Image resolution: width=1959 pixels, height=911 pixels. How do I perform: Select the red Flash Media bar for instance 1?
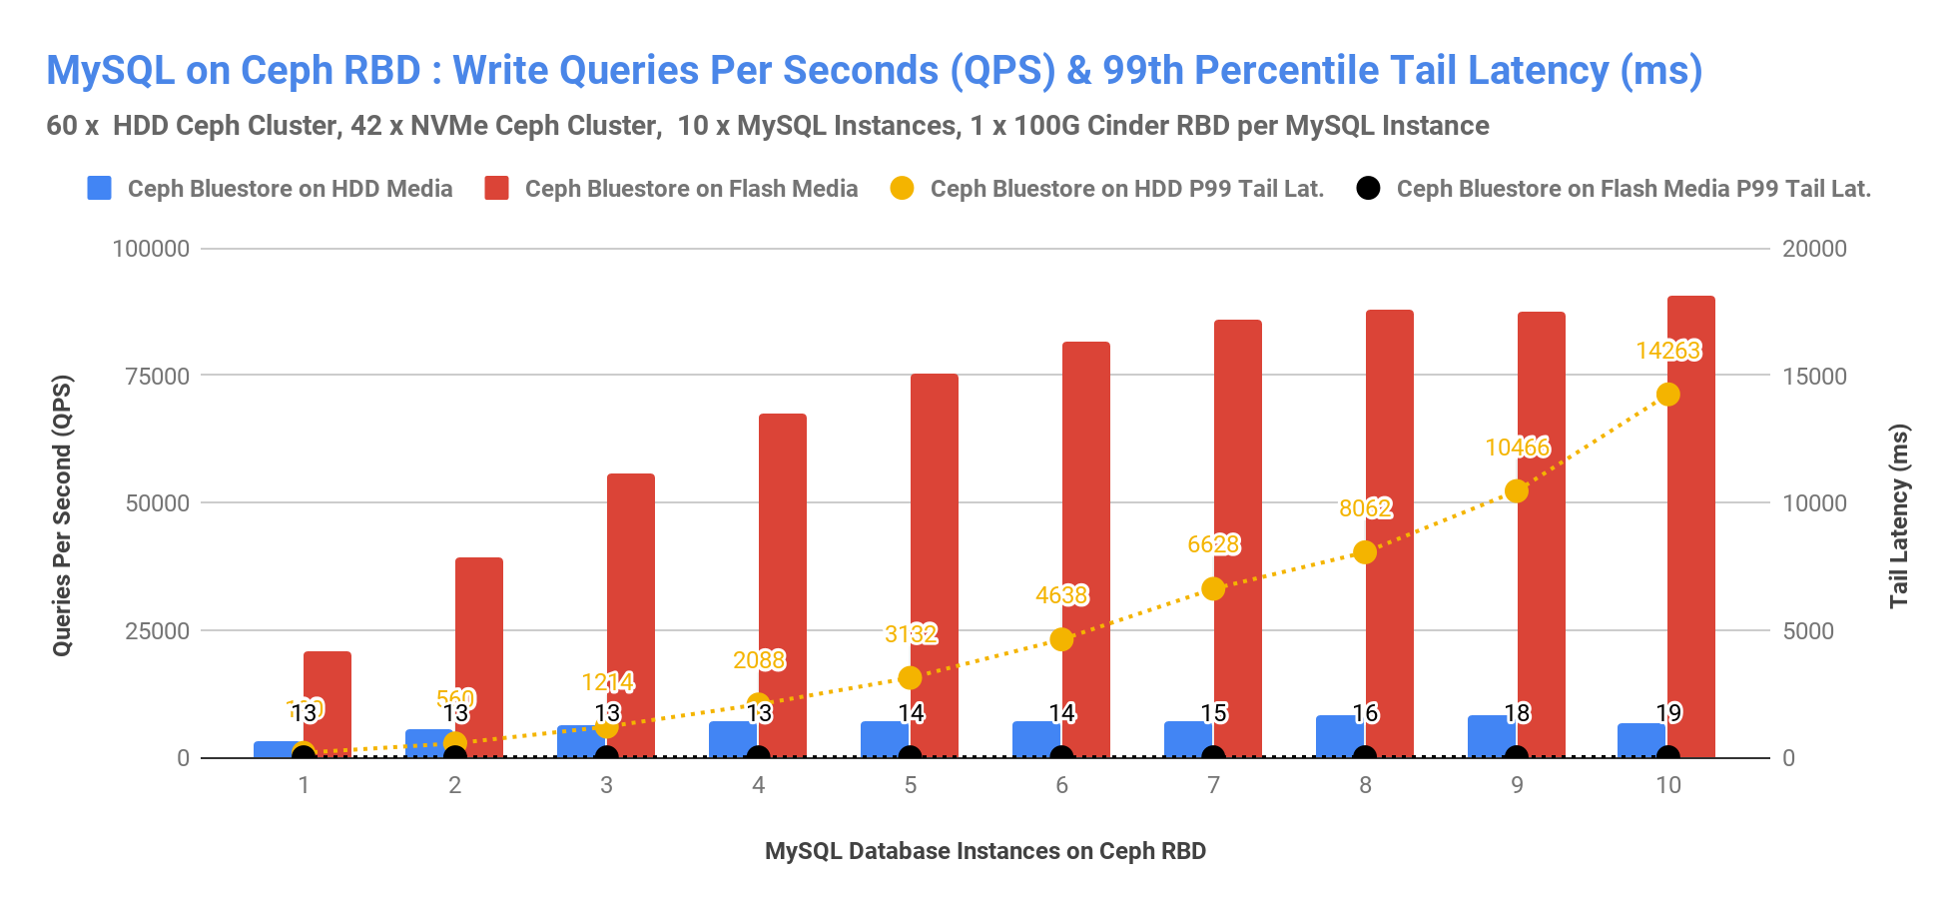327,704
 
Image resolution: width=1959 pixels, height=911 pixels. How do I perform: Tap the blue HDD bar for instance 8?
1339,736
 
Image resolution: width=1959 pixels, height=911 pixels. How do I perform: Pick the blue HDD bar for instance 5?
884,739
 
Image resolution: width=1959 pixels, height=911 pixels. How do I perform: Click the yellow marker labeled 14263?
1667,395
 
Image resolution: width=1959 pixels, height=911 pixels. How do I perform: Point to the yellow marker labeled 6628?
1213,588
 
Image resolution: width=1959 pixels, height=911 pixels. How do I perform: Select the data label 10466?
1517,448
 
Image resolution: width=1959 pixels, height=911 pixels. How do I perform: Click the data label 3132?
911,634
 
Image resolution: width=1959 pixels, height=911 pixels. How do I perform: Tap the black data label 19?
1668,713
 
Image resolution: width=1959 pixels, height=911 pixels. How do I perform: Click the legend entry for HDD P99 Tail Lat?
1126,189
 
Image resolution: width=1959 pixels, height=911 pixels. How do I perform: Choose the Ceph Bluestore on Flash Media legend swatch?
496,188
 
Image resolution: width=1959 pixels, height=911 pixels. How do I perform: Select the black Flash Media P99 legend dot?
1368,188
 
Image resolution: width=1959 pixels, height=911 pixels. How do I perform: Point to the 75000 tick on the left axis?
151,377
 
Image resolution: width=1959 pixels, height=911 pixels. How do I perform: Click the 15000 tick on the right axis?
1814,377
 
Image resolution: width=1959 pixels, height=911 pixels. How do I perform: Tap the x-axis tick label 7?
1213,785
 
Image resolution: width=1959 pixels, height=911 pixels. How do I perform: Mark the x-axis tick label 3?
606,785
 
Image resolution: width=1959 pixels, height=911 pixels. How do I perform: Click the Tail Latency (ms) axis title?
1898,515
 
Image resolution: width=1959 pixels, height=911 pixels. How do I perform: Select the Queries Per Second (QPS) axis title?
62,515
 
